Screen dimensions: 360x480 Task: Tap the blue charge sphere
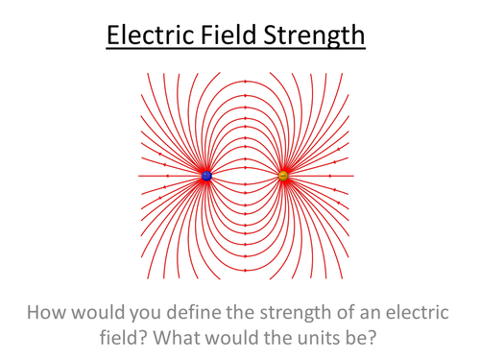coord(206,176)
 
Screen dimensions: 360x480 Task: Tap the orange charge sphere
coord(282,176)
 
